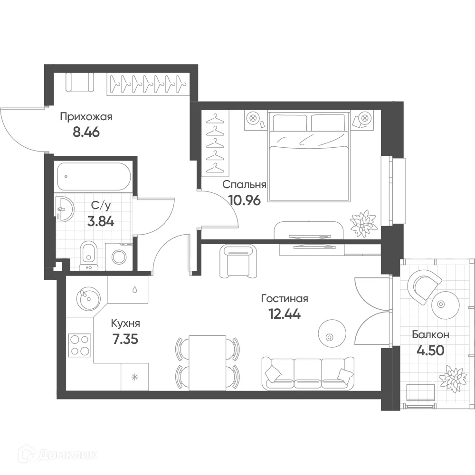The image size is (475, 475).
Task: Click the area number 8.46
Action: pos(86,133)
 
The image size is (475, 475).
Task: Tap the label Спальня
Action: pos(244,185)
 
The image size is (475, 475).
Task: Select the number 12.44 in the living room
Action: pos(285,314)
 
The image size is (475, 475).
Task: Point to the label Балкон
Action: pos(430,335)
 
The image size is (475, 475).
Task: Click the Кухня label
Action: pos(125,323)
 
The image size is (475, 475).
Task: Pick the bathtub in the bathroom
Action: pos(94,177)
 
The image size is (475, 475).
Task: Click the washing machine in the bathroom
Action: pos(119,257)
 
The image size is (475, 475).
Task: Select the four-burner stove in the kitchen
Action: pos(80,345)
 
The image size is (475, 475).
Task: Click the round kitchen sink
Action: pos(88,298)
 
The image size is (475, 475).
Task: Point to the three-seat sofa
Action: pos(308,373)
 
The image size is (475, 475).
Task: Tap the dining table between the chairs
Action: pos(208,362)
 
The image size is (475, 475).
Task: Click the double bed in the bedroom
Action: pos(309,156)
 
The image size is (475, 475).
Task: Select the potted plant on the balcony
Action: pos(453,379)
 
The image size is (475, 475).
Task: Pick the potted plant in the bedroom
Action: pos(363,223)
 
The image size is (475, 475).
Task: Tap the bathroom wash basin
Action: pos(65,209)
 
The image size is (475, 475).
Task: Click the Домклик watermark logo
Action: pos(57,455)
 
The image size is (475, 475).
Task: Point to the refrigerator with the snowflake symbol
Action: pos(135,377)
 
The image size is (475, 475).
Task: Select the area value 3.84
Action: pos(101,221)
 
